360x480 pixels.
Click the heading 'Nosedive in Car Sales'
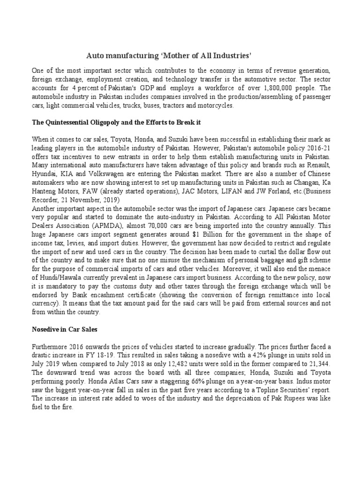pos(65,329)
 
